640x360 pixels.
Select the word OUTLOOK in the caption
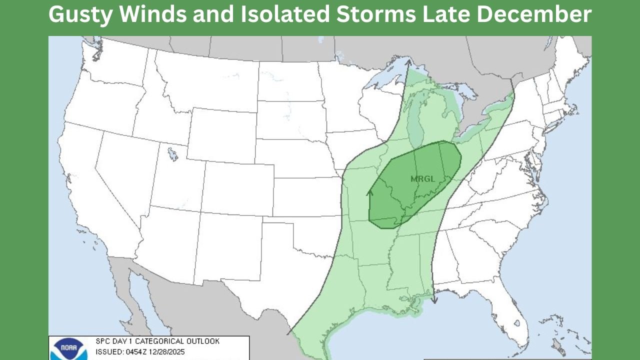(x=202, y=341)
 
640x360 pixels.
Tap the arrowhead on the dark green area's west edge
(x=370, y=192)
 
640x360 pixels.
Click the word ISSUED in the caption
(x=106, y=352)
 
